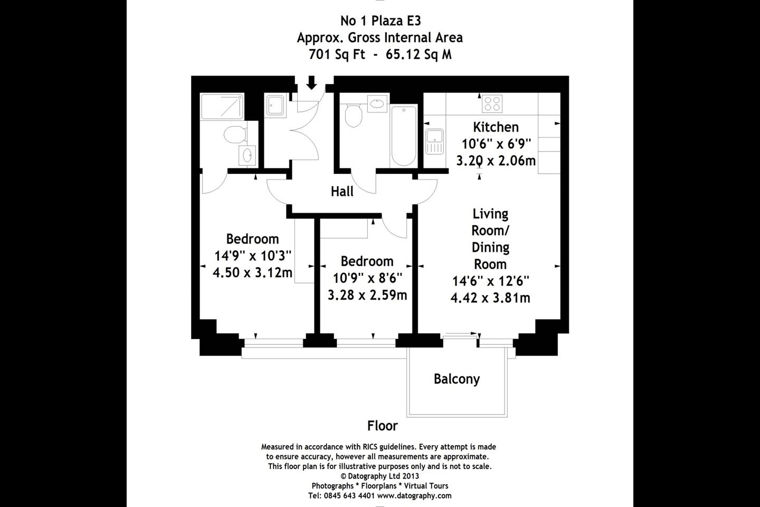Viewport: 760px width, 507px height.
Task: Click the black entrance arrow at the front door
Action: click(x=311, y=82)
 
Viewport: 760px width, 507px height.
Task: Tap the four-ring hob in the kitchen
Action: click(x=492, y=104)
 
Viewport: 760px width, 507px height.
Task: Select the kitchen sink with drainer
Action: click(x=434, y=142)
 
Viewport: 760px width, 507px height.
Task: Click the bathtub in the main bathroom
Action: click(x=403, y=136)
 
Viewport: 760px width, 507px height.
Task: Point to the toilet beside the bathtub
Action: click(x=353, y=115)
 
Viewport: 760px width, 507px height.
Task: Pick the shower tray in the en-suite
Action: click(x=222, y=107)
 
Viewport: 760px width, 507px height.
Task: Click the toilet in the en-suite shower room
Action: click(x=235, y=135)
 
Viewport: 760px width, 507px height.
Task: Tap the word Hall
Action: click(x=342, y=192)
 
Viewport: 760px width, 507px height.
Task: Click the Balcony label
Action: click(x=457, y=379)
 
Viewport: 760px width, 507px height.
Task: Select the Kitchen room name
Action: click(x=496, y=127)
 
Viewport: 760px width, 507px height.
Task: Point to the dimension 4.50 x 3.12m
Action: click(x=252, y=273)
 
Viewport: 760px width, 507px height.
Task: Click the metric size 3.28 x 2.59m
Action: click(x=367, y=295)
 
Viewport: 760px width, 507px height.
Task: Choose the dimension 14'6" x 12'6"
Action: click(x=491, y=281)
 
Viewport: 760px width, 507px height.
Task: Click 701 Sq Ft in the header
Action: click(x=337, y=54)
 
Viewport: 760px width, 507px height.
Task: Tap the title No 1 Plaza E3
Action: click(x=381, y=21)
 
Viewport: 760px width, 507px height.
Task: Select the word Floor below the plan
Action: click(x=382, y=426)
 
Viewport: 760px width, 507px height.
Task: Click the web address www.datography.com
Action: click(x=414, y=495)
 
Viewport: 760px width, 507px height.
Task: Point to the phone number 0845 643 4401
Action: click(x=349, y=495)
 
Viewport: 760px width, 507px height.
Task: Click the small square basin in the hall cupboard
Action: click(x=275, y=105)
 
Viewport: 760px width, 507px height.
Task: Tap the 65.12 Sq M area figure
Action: click(x=419, y=54)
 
